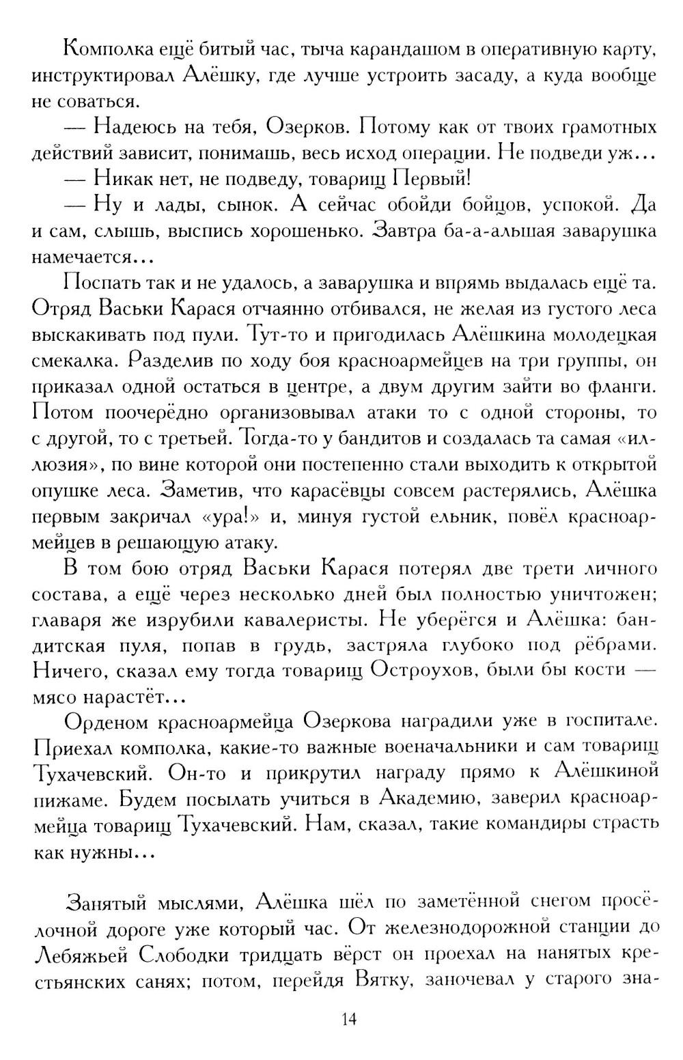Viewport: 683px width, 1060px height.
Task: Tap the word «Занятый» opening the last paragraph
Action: [105, 902]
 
